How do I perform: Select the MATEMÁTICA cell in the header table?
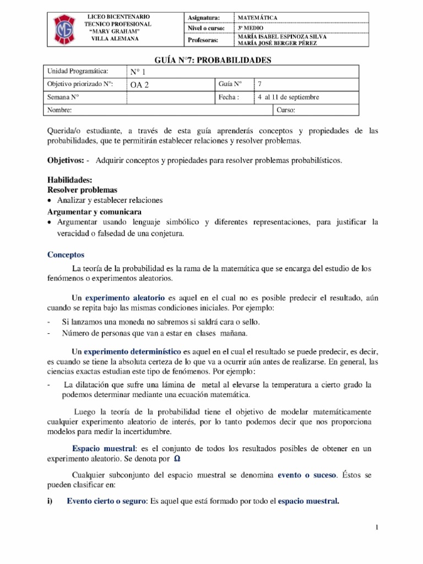(258, 18)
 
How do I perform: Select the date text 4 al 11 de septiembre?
(288, 97)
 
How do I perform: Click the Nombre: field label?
(59, 110)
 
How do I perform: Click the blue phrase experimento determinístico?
(133, 351)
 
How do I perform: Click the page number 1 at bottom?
(377, 528)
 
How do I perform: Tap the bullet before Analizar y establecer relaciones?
(50, 200)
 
